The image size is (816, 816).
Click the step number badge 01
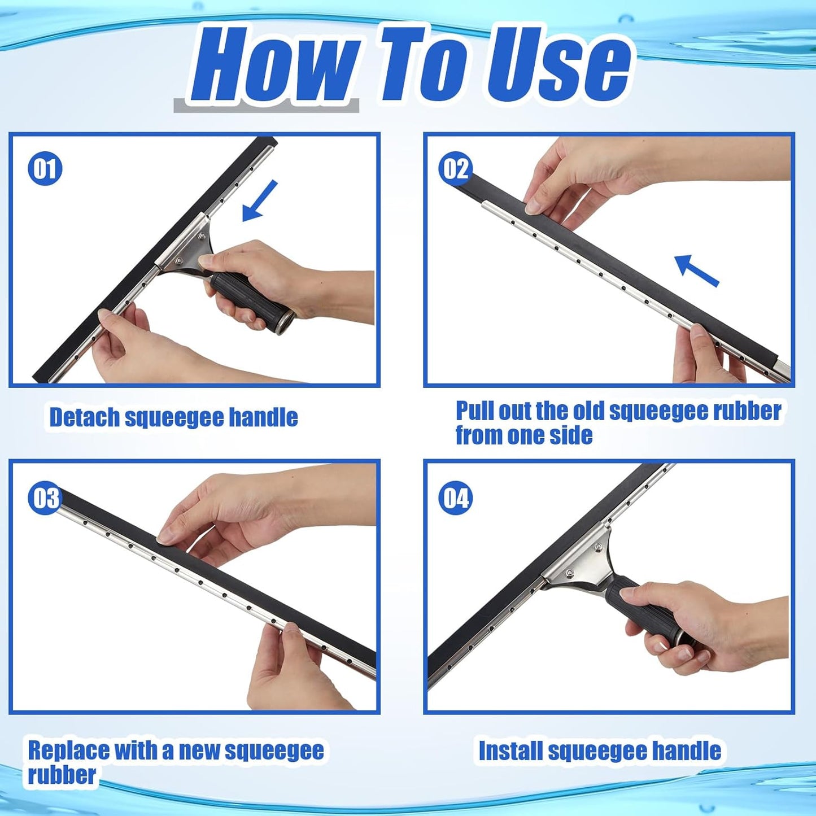45,169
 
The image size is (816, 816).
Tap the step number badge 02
455,169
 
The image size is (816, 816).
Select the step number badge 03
45,498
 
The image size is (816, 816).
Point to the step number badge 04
455,498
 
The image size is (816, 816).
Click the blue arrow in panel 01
260,200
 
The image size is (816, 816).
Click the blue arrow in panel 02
696,270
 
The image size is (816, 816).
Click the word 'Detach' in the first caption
85,417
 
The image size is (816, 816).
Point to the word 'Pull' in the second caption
475,411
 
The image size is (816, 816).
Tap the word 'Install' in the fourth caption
511,751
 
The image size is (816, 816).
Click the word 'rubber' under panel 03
62,775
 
